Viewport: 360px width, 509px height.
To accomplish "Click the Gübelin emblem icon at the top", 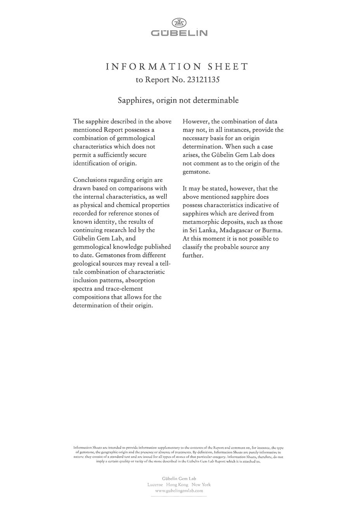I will pyautogui.click(x=179, y=23).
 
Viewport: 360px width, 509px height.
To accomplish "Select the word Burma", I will pyautogui.click(x=272, y=230).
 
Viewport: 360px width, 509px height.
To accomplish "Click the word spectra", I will pyautogui.click(x=83, y=289).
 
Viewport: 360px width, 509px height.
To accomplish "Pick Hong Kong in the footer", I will pyautogui.click(x=177, y=485).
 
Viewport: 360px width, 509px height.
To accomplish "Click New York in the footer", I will pyautogui.click(x=201, y=485).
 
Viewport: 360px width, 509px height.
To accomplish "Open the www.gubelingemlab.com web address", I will pyautogui.click(x=179, y=490).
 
